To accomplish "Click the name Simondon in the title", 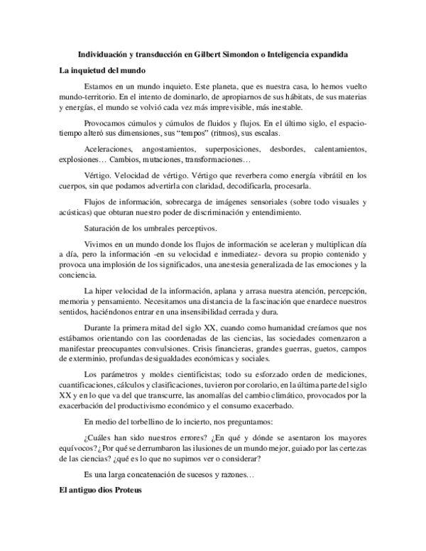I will pos(254,55).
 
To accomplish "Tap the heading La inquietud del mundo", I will pos(102,70).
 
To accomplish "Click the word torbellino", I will pos(153,422).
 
